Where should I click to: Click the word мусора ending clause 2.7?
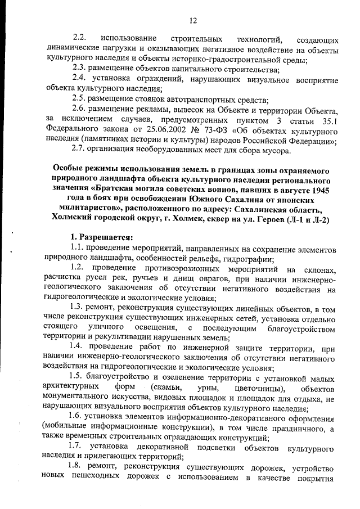tap(277, 150)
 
